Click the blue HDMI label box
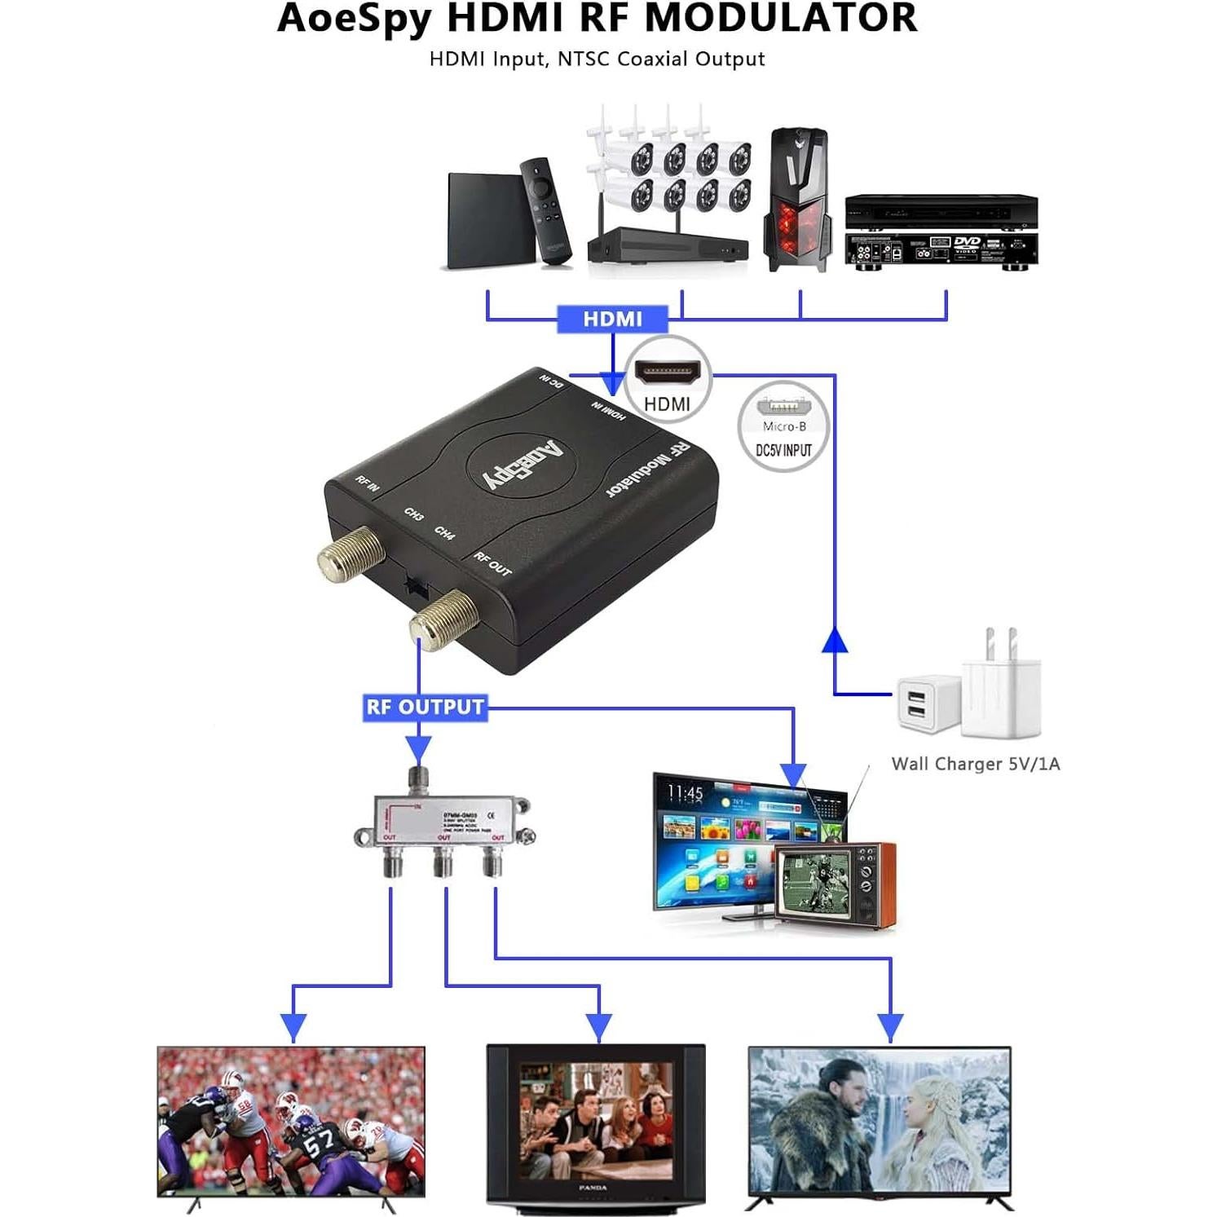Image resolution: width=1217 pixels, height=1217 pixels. tap(612, 319)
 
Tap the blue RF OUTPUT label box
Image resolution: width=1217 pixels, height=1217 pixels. tap(425, 707)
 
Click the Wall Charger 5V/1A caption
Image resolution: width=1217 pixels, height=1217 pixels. tap(975, 764)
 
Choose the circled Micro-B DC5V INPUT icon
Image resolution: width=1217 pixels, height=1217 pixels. tap(783, 427)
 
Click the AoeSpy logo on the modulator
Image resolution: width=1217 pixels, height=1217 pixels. tap(522, 465)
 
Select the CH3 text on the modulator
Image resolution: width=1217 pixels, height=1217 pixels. tap(413, 514)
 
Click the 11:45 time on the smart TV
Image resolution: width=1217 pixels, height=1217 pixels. tap(685, 792)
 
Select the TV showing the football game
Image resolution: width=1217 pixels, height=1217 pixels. tap(291, 1122)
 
